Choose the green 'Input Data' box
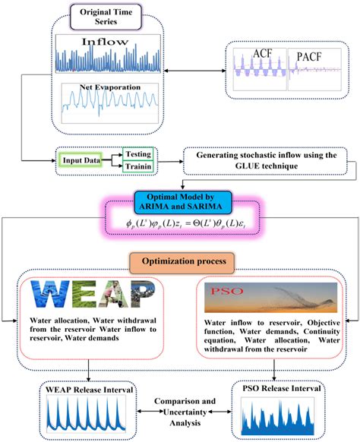83,161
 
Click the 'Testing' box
137,152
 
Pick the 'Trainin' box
137,168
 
